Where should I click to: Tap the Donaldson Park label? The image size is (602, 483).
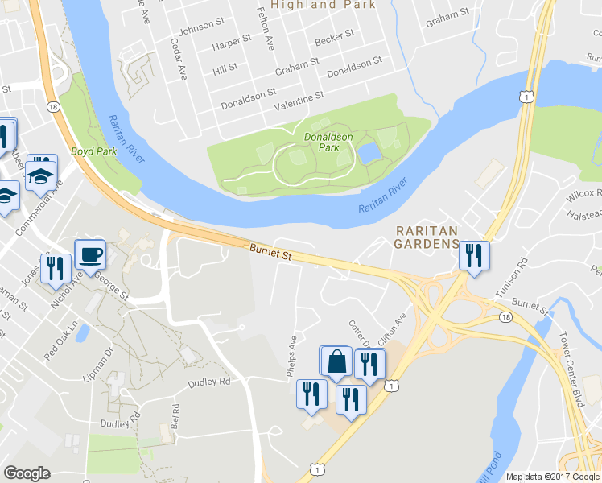[x=328, y=142]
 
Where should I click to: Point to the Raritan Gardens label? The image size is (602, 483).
[x=426, y=237]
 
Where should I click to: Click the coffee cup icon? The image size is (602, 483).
[x=90, y=254]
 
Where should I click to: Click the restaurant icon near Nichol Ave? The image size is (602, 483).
[x=55, y=268]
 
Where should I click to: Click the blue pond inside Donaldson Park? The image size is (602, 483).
[x=369, y=152]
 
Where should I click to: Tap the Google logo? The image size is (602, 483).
[x=27, y=473]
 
